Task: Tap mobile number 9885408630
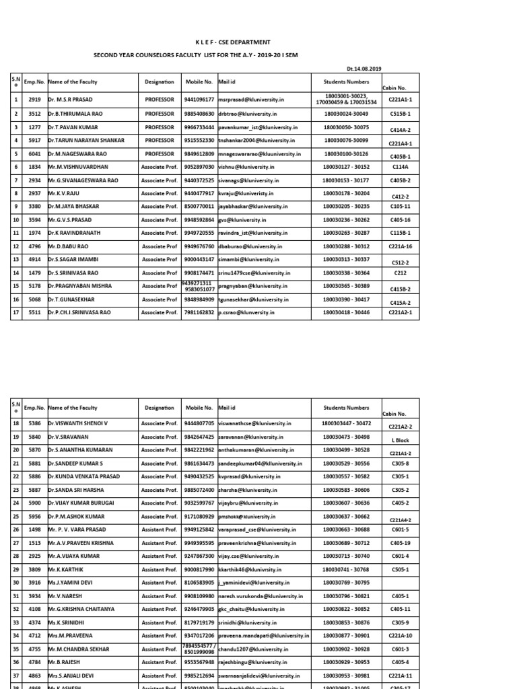click(199, 114)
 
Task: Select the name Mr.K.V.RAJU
click(65, 192)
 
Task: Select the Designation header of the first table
click(160, 82)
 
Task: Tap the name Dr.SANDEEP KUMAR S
click(75, 464)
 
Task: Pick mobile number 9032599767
click(199, 503)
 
